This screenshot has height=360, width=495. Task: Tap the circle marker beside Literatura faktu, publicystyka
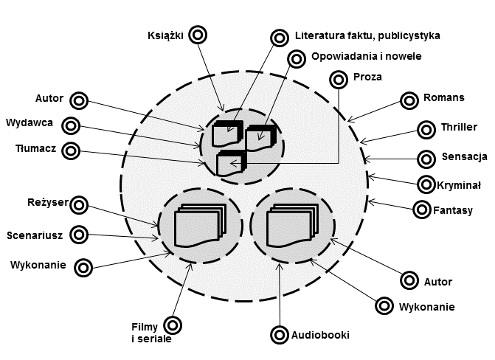(x=278, y=36)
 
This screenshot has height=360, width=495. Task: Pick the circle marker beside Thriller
(x=426, y=130)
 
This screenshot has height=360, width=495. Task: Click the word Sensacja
(x=465, y=157)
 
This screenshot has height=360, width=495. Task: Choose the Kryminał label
(x=460, y=184)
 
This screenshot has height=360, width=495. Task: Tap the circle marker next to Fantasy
(x=421, y=210)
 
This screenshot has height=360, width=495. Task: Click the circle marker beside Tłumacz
(x=71, y=150)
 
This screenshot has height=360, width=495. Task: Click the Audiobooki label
(x=320, y=335)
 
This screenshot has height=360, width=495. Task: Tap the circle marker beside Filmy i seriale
(x=173, y=325)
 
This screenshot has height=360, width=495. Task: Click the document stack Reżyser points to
(x=197, y=225)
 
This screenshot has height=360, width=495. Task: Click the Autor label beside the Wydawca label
(x=50, y=98)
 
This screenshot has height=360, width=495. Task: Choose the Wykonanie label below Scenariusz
(x=38, y=264)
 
